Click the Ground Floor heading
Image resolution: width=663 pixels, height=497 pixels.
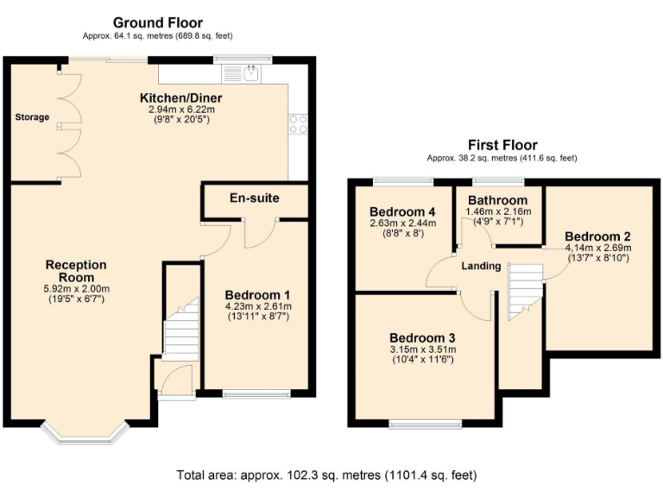(158, 22)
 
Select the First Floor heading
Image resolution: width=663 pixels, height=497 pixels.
(502, 145)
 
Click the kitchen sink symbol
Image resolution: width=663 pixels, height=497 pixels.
(251, 74)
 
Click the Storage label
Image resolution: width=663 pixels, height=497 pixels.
(32, 117)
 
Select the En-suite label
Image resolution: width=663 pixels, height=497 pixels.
(254, 198)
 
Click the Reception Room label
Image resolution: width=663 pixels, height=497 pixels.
(76, 271)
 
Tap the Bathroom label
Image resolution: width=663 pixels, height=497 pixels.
(498, 200)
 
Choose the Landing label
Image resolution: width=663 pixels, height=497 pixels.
(480, 266)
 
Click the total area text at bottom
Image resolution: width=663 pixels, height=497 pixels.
(326, 475)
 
